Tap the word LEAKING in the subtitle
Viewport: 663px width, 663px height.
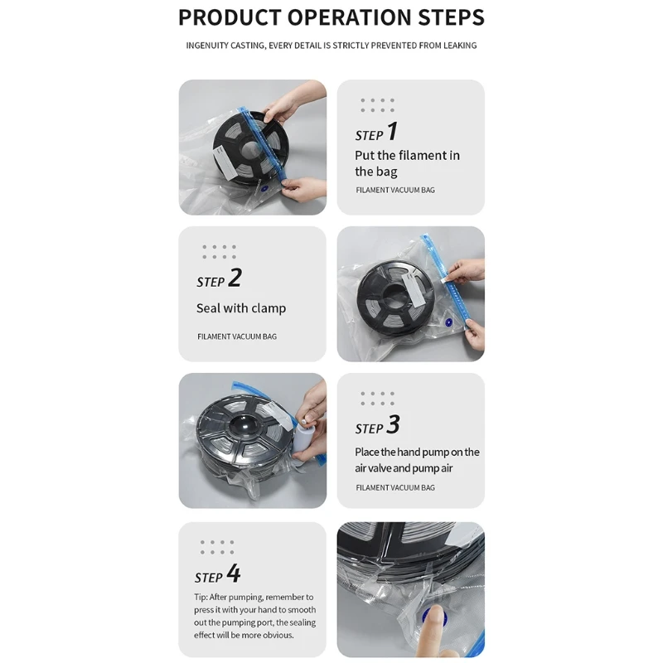pyautogui.click(x=460, y=46)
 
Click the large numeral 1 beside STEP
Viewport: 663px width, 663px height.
pyautogui.click(x=392, y=131)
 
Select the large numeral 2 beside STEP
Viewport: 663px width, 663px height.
pyautogui.click(x=235, y=278)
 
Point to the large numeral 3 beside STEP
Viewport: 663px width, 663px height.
pyautogui.click(x=393, y=424)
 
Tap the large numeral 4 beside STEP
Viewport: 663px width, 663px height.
pyautogui.click(x=234, y=573)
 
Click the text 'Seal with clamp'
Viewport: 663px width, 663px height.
pyautogui.click(x=241, y=308)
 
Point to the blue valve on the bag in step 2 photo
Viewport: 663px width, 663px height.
pyautogui.click(x=448, y=322)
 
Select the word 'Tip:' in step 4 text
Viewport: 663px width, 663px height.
pyautogui.click(x=201, y=597)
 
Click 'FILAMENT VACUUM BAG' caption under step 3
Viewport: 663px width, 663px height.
pyautogui.click(x=395, y=487)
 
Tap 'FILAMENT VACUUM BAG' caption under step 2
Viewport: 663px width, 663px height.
pyautogui.click(x=237, y=336)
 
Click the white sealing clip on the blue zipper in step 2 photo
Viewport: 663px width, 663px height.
pyautogui.click(x=444, y=279)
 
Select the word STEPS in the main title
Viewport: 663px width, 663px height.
pyautogui.click(x=451, y=17)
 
